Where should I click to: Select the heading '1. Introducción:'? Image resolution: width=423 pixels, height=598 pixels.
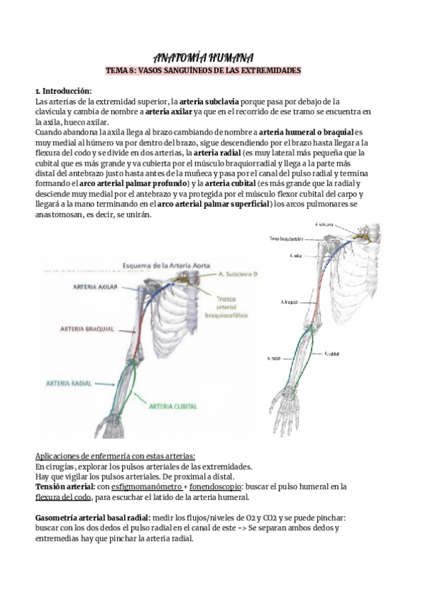pyautogui.click(x=63, y=92)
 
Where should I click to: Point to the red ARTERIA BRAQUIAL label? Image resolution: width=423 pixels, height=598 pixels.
pyautogui.click(x=83, y=329)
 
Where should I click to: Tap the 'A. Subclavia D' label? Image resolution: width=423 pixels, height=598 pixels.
pyautogui.click(x=216, y=274)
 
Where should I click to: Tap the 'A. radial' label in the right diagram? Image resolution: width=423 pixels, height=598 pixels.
pyautogui.click(x=275, y=358)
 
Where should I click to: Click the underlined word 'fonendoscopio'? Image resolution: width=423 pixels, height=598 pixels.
pyautogui.click(x=218, y=486)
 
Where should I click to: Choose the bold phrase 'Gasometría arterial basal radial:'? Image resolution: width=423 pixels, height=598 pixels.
pyautogui.click(x=92, y=517)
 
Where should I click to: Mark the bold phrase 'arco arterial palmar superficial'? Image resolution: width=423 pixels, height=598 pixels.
pyautogui.click(x=213, y=204)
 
